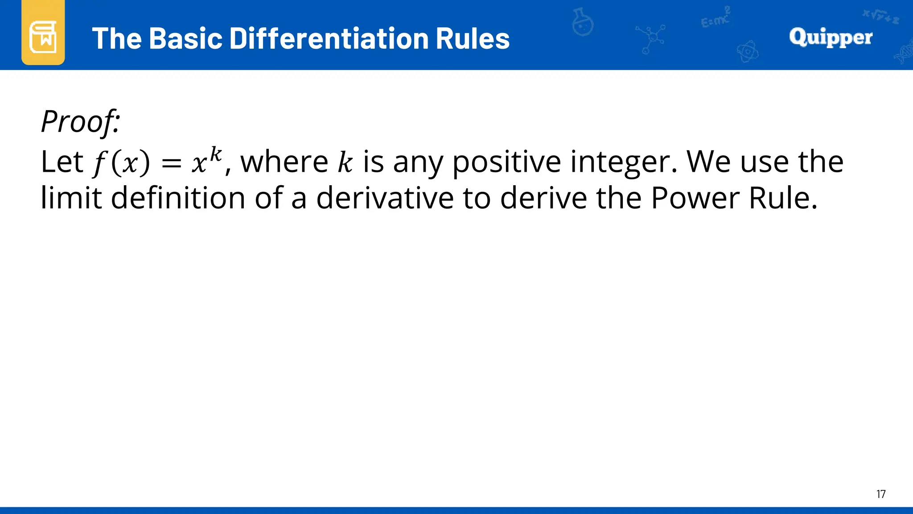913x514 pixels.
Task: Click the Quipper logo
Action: tap(831, 37)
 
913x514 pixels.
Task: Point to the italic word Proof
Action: tap(80, 121)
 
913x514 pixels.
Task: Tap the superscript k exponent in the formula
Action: tap(216, 154)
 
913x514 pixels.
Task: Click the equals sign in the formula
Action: tap(171, 164)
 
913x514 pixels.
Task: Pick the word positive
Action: tap(506, 162)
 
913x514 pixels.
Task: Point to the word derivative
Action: tap(385, 198)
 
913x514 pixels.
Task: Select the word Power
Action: tap(695, 198)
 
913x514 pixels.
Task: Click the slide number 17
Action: tap(881, 494)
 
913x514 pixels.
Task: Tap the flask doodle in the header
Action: tap(582, 22)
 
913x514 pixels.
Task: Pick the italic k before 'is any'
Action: tap(345, 162)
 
